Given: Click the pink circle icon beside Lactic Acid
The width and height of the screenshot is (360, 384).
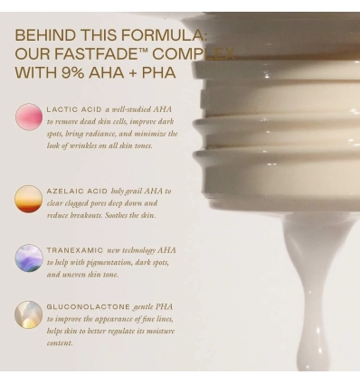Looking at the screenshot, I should click(x=28, y=117).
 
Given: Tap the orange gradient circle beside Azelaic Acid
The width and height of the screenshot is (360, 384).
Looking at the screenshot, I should click(x=28, y=199).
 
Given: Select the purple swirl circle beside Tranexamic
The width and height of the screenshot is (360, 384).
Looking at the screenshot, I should click(x=28, y=258).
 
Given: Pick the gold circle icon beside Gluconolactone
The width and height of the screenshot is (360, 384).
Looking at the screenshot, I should click(x=28, y=314).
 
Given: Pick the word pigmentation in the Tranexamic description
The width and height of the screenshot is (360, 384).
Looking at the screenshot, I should click(x=108, y=262).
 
